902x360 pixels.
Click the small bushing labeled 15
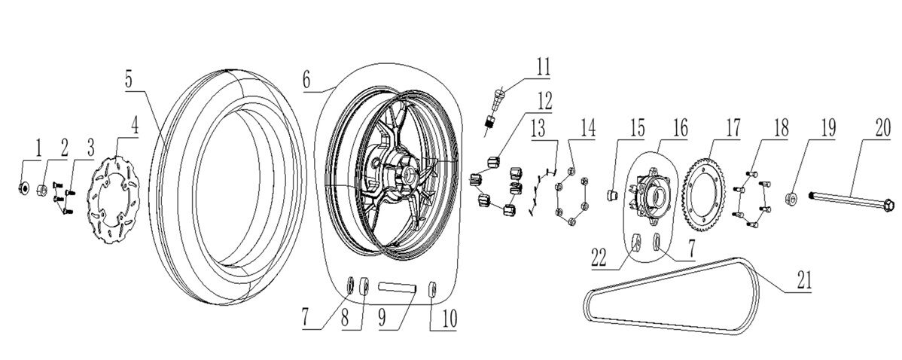pyautogui.click(x=612, y=197)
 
